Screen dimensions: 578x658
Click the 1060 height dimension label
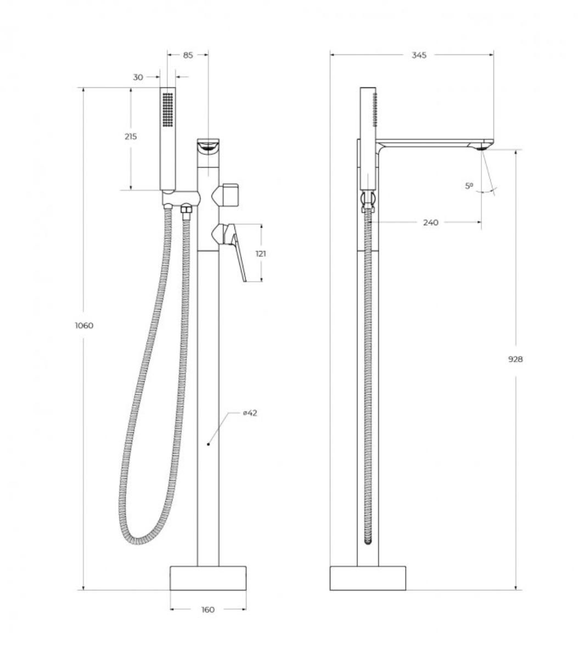(85, 325)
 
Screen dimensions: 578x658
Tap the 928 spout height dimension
(515, 359)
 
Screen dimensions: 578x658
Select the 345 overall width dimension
(419, 55)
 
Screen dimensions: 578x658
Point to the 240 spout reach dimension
(430, 222)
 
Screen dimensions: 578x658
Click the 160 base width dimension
(208, 609)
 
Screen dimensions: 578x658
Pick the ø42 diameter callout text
(250, 413)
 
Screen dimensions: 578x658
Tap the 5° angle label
(469, 186)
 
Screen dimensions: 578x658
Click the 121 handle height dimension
(261, 253)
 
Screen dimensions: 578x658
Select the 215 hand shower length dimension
(131, 136)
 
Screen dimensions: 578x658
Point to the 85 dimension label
(188, 55)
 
